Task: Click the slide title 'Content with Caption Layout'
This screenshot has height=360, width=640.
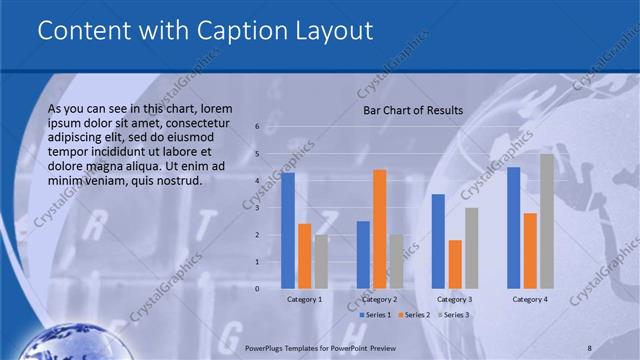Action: click(205, 31)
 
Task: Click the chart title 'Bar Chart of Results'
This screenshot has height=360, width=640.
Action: click(412, 110)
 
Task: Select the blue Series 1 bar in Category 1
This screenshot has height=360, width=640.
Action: click(288, 230)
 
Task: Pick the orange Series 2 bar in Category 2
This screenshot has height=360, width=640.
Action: click(379, 229)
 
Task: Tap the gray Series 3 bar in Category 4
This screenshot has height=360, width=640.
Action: click(546, 221)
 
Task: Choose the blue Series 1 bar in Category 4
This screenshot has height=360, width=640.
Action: click(514, 228)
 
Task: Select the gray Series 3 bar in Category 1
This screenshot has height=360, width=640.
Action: click(320, 261)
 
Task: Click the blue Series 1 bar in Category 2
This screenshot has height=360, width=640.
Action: click(363, 255)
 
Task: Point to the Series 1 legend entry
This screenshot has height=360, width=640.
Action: click(376, 315)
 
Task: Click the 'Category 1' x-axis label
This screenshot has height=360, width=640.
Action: click(304, 299)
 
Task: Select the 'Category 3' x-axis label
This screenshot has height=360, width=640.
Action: click(455, 299)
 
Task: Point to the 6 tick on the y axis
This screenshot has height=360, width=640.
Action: click(257, 127)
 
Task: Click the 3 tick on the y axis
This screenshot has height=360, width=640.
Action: click(257, 208)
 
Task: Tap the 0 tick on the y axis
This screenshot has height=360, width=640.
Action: click(257, 289)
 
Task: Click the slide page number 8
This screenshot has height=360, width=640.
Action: click(590, 345)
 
